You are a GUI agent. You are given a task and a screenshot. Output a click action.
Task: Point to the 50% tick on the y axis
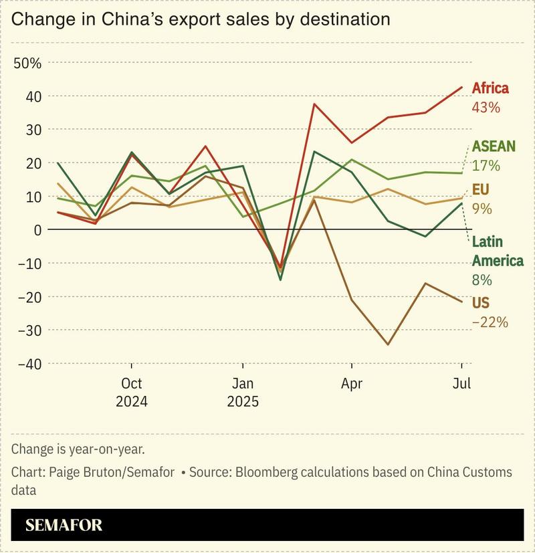pyautogui.click(x=27, y=63)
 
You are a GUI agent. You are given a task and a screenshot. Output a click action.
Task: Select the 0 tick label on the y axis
pyautogui.click(x=37, y=229)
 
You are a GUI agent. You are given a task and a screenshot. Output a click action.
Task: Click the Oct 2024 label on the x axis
pyautogui.click(x=132, y=393)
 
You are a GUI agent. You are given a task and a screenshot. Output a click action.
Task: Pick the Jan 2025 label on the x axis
pyautogui.click(x=242, y=393)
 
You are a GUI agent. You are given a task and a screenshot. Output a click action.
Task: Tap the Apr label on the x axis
pyautogui.click(x=352, y=384)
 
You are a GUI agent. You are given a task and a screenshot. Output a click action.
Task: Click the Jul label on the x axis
pyautogui.click(x=461, y=384)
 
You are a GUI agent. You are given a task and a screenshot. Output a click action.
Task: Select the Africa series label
pyautogui.click(x=490, y=88)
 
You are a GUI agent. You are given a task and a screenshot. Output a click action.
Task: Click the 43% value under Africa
pyautogui.click(x=486, y=107)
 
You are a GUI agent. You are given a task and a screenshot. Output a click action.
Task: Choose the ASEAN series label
pyautogui.click(x=494, y=146)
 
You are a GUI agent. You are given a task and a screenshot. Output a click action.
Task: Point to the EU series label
pyautogui.click(x=481, y=190)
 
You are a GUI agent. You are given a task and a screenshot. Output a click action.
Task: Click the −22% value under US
pyautogui.click(x=490, y=322)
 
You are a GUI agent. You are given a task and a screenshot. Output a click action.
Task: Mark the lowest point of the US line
pyautogui.click(x=388, y=345)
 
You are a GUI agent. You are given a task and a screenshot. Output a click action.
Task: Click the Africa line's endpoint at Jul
pyautogui.click(x=461, y=87)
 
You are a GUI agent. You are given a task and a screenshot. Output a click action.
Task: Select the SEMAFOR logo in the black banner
pyautogui.click(x=64, y=525)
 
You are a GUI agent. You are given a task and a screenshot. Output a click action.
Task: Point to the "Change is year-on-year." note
pyautogui.click(x=78, y=449)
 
